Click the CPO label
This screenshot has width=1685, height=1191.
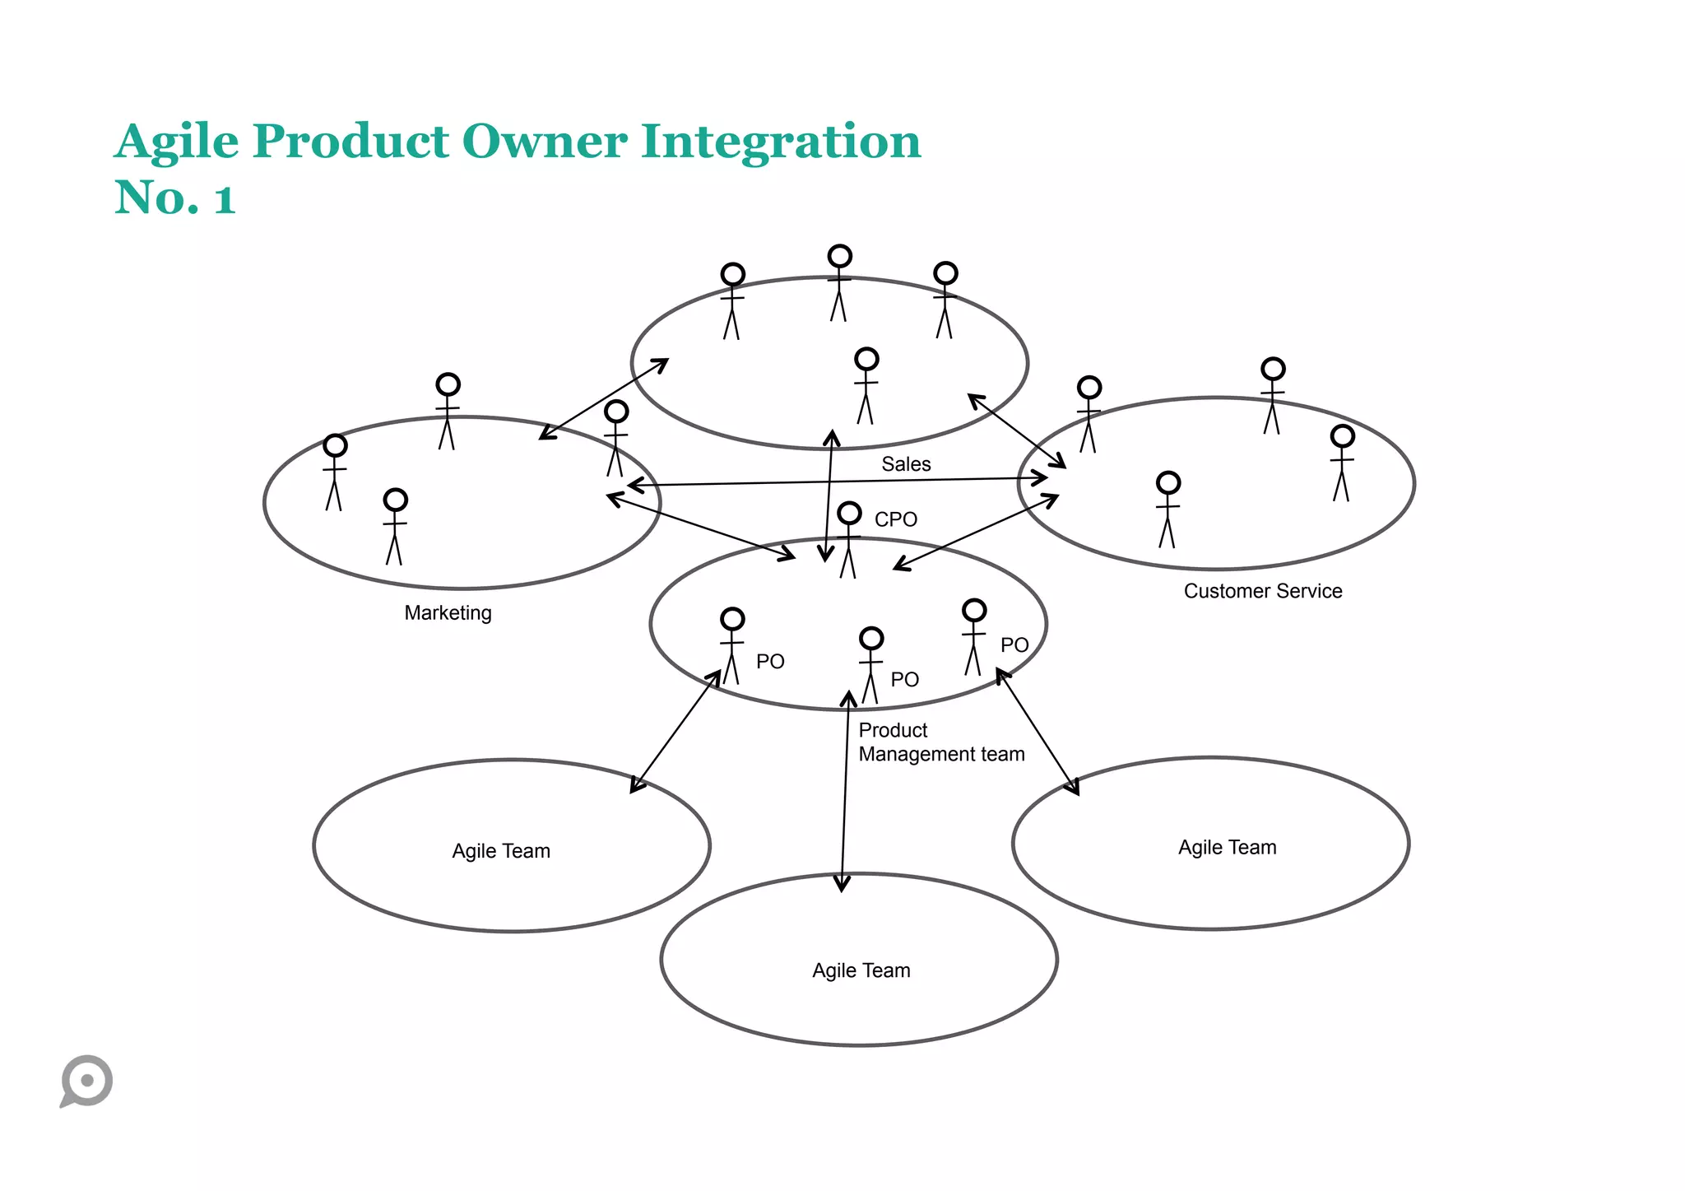895,519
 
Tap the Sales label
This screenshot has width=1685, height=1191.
906,464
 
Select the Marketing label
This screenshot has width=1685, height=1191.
448,612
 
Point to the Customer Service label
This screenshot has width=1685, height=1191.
1262,591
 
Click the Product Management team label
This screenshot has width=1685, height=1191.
940,742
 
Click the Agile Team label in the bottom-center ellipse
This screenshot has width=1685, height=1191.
861,970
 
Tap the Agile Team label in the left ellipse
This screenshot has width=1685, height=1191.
500,851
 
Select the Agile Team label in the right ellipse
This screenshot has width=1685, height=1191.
1227,848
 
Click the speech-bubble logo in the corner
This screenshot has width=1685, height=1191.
86,1080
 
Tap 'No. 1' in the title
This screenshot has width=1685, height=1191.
174,198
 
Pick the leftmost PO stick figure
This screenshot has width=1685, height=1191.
731,645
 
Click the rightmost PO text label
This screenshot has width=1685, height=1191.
1014,645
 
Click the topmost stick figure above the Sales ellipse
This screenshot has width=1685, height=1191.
838,282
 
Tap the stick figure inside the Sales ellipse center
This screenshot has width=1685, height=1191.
866,385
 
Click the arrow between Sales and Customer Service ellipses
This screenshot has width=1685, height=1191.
1016,430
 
